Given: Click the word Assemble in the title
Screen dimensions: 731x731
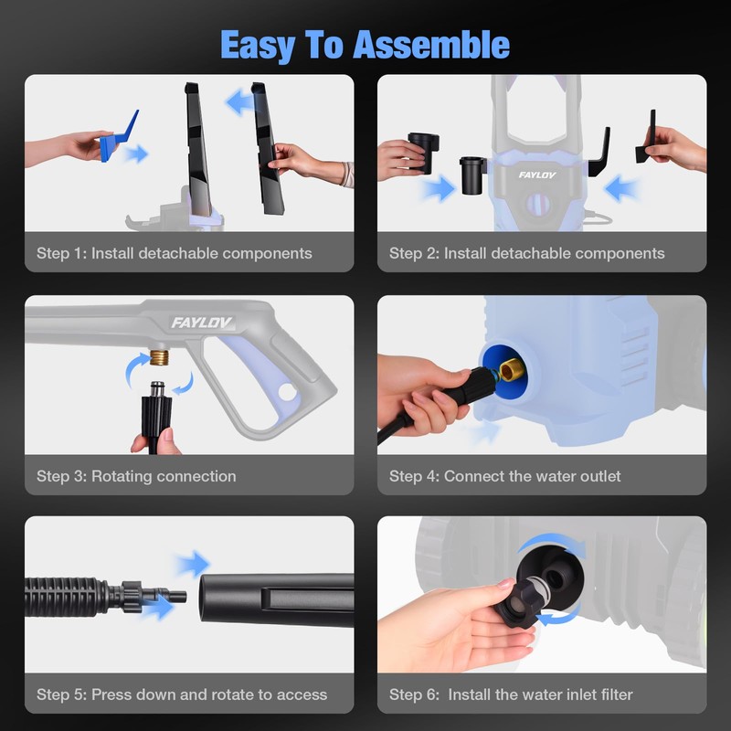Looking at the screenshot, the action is [430, 45].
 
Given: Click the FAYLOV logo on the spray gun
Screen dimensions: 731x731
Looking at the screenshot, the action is [201, 323].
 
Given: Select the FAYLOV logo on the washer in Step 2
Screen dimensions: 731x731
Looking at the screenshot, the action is [537, 175].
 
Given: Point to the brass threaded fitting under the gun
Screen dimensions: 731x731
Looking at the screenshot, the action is [159, 357].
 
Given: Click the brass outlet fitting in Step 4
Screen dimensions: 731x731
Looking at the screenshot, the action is [512, 371].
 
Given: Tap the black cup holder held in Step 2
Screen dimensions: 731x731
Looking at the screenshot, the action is [423, 150].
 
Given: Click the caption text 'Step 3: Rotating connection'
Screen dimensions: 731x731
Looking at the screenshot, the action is [136, 476].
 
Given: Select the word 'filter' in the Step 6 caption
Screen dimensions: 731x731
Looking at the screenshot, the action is [616, 694].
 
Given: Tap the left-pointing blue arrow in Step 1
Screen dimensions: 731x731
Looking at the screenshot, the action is [239, 102].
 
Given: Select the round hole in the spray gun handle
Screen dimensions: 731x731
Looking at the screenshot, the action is [287, 392].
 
